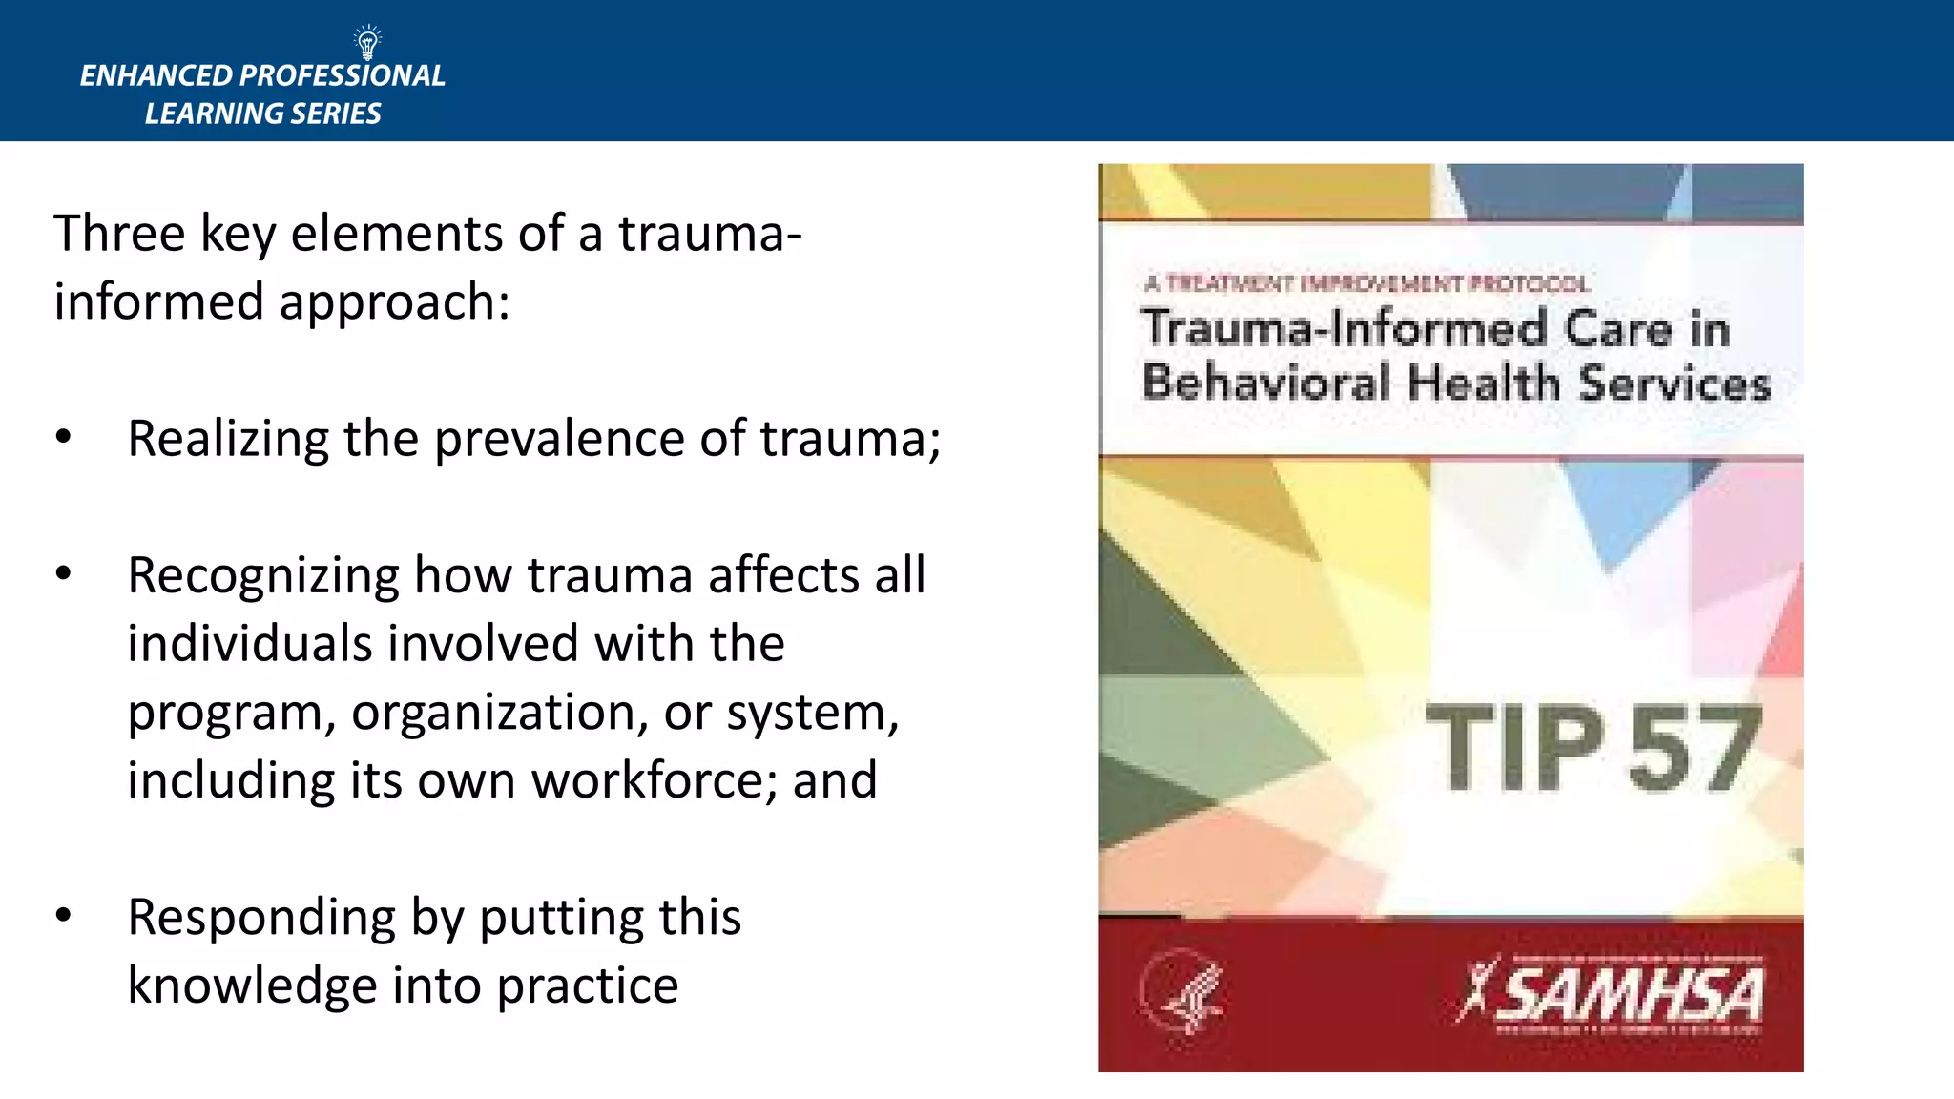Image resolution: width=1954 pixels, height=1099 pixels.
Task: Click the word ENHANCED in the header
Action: click(x=156, y=76)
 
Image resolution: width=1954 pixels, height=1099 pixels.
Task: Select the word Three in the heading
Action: click(x=118, y=234)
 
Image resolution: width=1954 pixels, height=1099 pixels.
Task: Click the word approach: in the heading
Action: click(x=394, y=302)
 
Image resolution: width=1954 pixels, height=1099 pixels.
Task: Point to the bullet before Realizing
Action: click(x=63, y=438)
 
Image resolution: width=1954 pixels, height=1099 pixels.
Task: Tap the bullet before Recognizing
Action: click(x=63, y=574)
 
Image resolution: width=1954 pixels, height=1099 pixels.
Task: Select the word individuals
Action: click(x=249, y=644)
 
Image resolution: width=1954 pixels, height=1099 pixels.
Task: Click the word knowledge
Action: click(x=252, y=986)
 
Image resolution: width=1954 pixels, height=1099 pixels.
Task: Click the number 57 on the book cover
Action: click(x=1694, y=748)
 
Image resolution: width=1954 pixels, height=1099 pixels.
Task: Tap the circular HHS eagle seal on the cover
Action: click(x=1181, y=993)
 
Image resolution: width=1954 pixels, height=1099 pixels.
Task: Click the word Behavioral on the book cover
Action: click(x=1265, y=383)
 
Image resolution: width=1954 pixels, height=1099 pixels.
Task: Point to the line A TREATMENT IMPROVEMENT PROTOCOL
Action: click(x=1366, y=283)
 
